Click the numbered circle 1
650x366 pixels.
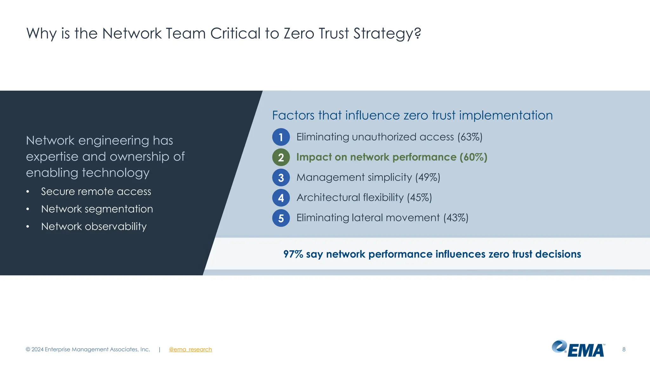(x=281, y=137)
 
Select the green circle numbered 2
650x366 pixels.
(x=281, y=157)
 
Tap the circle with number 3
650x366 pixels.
(x=281, y=178)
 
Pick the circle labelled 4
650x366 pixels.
(x=281, y=198)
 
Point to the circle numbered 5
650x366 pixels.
(x=281, y=218)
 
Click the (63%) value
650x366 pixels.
(x=470, y=137)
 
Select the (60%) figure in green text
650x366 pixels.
(x=473, y=157)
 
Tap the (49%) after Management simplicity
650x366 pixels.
(x=428, y=177)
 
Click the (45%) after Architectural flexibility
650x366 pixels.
(x=419, y=198)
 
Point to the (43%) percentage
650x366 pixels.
(x=456, y=218)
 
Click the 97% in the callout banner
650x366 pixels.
(x=293, y=254)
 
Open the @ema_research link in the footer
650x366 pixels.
(x=190, y=349)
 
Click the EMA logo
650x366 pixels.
(x=578, y=349)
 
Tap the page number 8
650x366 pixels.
(x=624, y=349)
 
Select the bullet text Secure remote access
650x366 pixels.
(x=96, y=192)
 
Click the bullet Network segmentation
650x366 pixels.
(x=97, y=209)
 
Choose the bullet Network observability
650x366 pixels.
(x=94, y=227)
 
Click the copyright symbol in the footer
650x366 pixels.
(x=28, y=349)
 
